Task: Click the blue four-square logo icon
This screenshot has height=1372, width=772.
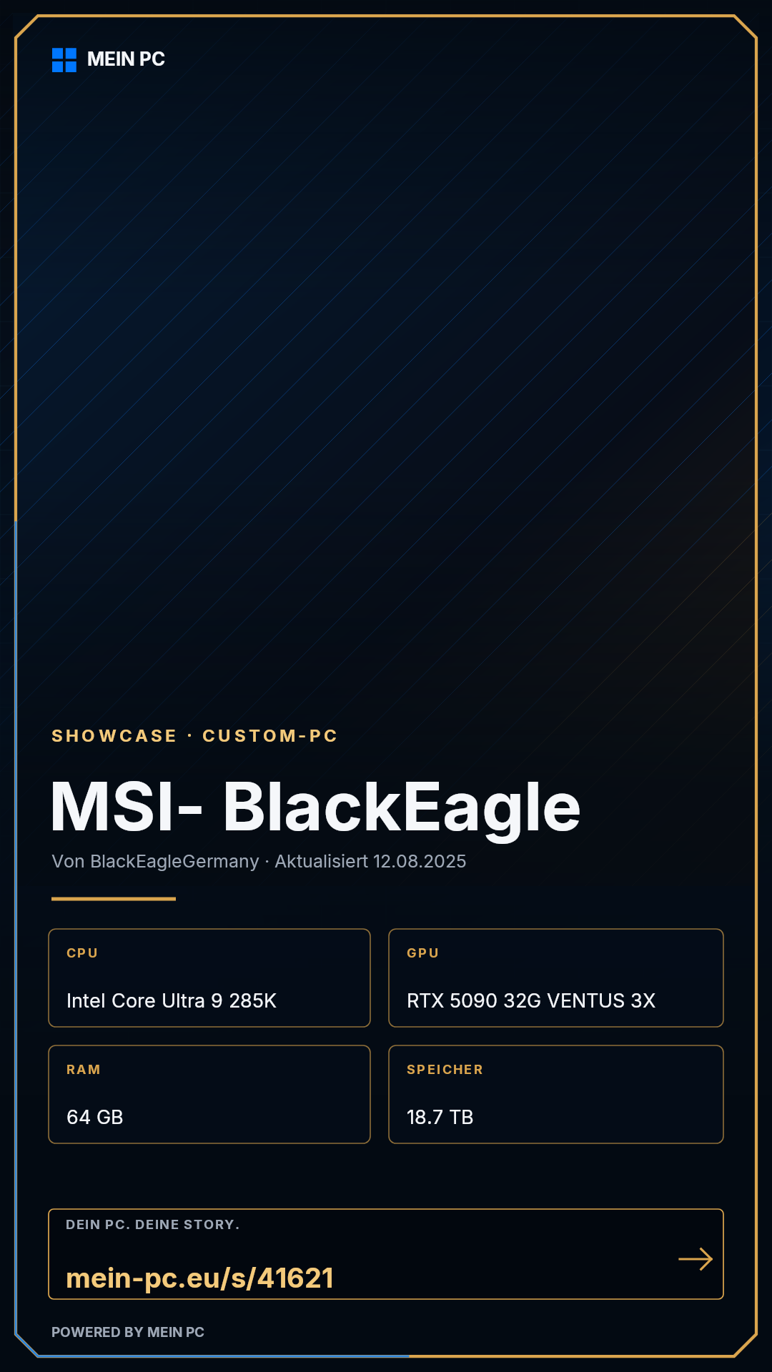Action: [64, 60]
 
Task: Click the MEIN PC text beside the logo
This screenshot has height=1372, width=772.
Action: [126, 59]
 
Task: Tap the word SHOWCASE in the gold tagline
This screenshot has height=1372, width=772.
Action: [114, 736]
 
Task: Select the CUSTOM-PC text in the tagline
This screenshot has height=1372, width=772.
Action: [270, 736]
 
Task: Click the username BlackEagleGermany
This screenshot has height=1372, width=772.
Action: [174, 862]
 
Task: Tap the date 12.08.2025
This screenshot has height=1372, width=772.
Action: [420, 861]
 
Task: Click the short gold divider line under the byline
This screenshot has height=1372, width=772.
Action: [114, 899]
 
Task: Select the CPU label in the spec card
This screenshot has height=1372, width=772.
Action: [82, 953]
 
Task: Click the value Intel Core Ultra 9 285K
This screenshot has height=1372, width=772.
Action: [172, 1000]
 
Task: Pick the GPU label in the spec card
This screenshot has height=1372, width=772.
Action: [422, 953]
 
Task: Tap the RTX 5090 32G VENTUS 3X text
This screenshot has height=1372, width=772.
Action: [531, 1000]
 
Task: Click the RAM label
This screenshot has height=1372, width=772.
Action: [84, 1070]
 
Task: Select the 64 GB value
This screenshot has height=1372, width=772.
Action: [95, 1117]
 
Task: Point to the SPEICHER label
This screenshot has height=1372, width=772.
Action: [445, 1070]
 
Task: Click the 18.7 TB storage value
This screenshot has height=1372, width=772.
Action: [440, 1117]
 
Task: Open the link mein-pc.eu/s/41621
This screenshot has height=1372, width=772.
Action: [199, 1278]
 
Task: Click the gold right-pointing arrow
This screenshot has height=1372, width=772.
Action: [696, 1259]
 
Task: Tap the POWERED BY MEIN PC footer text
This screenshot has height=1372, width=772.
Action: [128, 1332]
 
